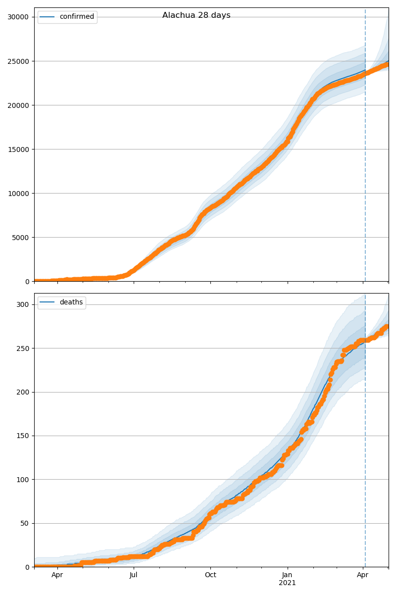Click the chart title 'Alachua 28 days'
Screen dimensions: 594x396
pos(196,15)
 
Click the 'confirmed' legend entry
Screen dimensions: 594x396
pos(76,17)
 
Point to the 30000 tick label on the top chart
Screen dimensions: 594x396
pos(18,17)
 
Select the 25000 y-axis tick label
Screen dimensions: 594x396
pos(18,61)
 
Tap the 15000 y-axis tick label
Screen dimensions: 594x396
pos(18,149)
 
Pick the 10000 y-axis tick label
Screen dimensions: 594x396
pos(18,193)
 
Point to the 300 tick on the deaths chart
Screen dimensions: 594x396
pos(22,304)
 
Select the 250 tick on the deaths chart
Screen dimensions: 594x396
pos(22,348)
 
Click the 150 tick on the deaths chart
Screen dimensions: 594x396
pos(22,436)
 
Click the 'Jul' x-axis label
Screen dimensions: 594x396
pos(133,575)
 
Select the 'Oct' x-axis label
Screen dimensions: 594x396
pos(210,575)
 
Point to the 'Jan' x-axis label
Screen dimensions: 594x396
pos(287,575)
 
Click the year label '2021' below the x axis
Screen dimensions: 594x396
pos(287,583)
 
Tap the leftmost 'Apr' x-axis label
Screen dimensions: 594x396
pos(57,575)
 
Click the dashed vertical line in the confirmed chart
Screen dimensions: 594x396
pos(365,148)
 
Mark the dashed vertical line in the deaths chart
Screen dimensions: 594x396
pos(365,445)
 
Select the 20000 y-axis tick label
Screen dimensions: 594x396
pos(18,105)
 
